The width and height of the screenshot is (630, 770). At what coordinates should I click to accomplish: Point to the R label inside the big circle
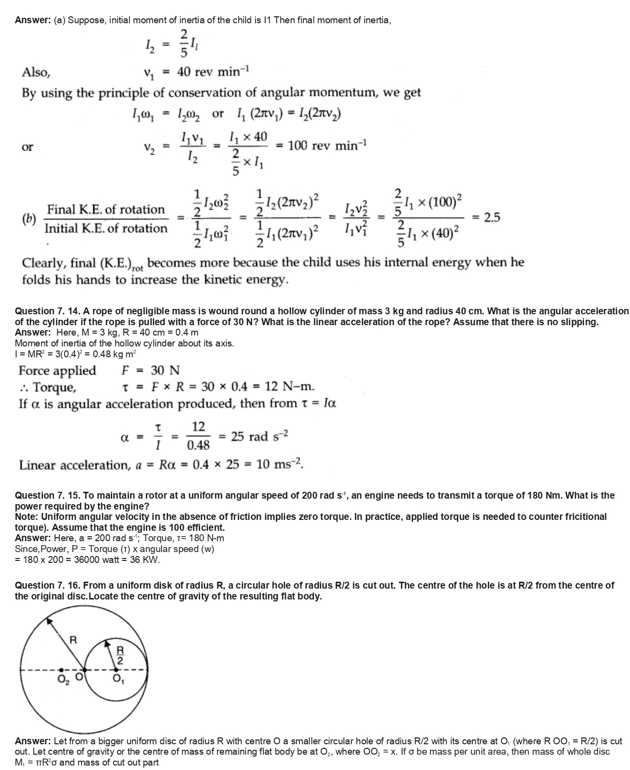click(73, 640)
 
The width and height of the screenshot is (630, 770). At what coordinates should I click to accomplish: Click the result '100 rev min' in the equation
click(327, 146)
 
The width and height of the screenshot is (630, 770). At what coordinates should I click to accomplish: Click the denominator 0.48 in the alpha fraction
click(198, 445)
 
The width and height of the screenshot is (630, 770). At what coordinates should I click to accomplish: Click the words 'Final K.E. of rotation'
click(106, 210)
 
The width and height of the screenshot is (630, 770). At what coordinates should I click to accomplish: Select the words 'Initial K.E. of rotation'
click(106, 228)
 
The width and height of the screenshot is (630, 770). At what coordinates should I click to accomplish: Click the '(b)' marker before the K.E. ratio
click(29, 218)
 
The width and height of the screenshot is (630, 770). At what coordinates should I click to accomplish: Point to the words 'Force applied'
click(57, 370)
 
